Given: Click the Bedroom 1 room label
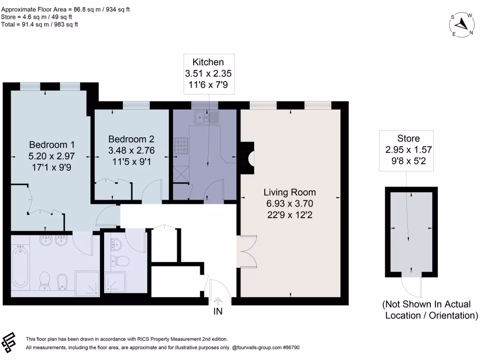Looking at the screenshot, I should [52, 144].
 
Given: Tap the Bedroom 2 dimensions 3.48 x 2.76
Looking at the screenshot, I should [131, 150].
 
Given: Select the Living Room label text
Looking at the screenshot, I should [290, 192].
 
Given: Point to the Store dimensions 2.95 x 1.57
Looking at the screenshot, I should [408, 150].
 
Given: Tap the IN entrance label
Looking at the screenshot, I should [218, 310].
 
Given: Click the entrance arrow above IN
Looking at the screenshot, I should [218, 300].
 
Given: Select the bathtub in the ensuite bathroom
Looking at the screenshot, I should [20, 267].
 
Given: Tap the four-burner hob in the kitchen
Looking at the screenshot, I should [181, 145].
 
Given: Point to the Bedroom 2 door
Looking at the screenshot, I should [151, 193].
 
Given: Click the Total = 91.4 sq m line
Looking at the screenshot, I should [40, 24].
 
